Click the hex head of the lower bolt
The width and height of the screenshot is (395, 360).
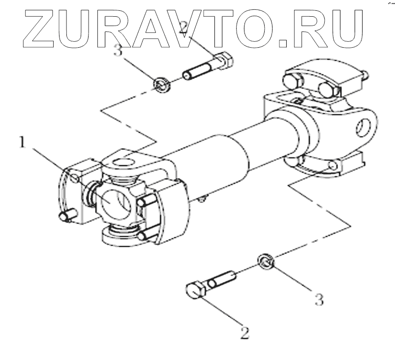tap(196, 290)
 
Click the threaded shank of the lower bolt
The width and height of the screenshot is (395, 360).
tap(222, 279)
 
